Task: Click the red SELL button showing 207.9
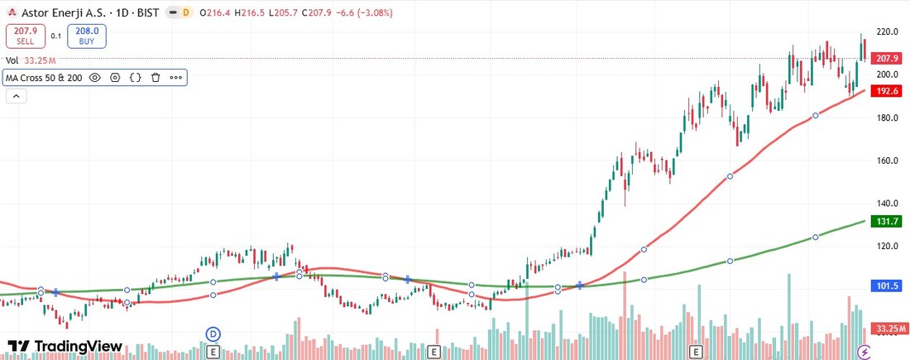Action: pyautogui.click(x=25, y=36)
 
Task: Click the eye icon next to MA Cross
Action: pyautogui.click(x=94, y=78)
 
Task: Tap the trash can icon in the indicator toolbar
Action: pyautogui.click(x=155, y=78)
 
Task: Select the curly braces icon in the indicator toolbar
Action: pyautogui.click(x=135, y=78)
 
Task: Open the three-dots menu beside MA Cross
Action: pyautogui.click(x=175, y=78)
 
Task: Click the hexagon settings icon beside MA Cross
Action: pyautogui.click(x=115, y=78)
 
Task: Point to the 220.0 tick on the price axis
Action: pyautogui.click(x=887, y=32)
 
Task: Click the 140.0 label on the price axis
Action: pyautogui.click(x=887, y=204)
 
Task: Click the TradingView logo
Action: pyautogui.click(x=65, y=346)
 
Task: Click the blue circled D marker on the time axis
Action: pyautogui.click(x=213, y=334)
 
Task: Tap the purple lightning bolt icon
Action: pyautogui.click(x=864, y=352)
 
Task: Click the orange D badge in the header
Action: pyautogui.click(x=185, y=12)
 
